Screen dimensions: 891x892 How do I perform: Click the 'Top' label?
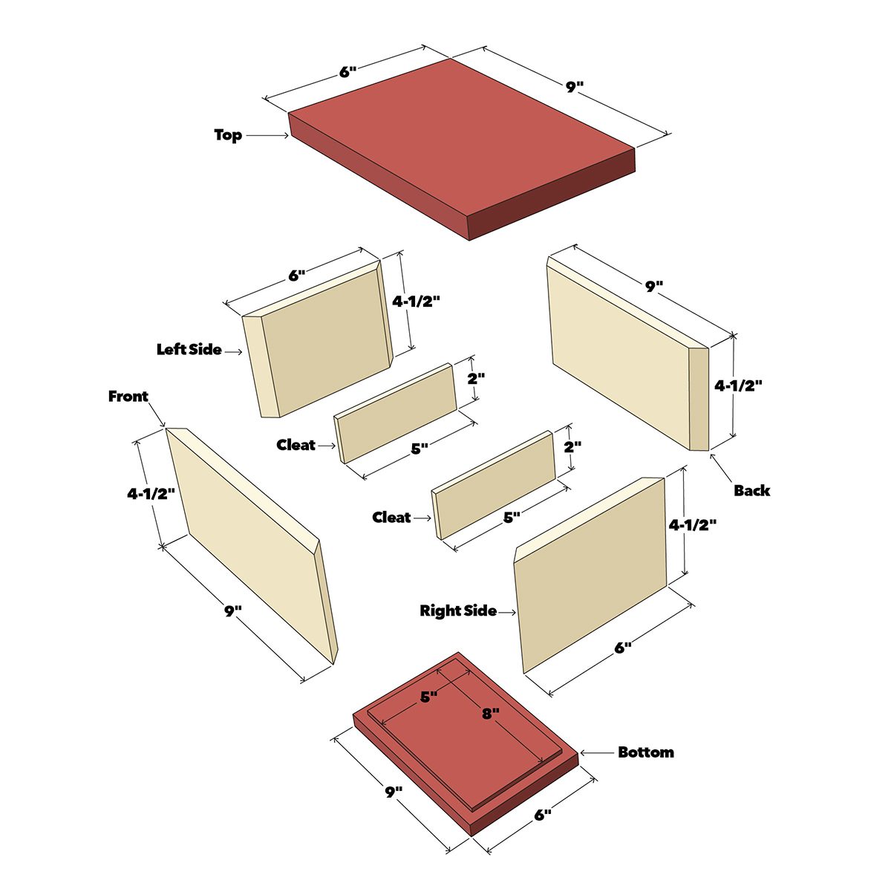coord(228,135)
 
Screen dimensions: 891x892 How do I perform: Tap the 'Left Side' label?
coord(189,350)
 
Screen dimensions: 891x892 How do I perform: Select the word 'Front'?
coord(128,397)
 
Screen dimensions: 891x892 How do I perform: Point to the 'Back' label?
coord(751,490)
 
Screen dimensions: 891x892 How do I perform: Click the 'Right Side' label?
coord(458,611)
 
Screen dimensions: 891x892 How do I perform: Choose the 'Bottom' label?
coord(646,752)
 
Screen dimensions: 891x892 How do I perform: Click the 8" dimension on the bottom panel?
coord(491,713)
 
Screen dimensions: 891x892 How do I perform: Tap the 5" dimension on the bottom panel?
coord(428,697)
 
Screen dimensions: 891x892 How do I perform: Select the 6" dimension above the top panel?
coord(348,72)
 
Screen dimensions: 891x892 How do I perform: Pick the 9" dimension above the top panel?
coord(575,87)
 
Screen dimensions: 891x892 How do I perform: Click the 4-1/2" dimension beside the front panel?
coord(151,493)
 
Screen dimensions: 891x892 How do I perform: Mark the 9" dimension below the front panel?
coord(233,611)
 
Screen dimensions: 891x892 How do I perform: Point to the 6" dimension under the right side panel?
coord(622,648)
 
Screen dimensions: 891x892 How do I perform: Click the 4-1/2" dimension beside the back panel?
coord(738,385)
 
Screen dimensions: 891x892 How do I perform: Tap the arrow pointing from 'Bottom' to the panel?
coord(597,752)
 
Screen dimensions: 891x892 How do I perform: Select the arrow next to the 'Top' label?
coord(267,136)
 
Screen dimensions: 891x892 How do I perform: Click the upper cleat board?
coord(396,413)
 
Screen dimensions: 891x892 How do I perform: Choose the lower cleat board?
coord(494,485)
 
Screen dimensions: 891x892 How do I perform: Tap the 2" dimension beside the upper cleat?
coord(476,379)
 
